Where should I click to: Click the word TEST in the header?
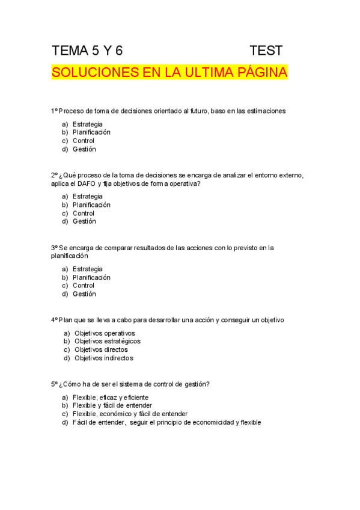[x=266, y=50]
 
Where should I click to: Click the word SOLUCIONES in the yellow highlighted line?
[x=91, y=73]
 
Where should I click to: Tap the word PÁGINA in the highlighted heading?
[x=260, y=73]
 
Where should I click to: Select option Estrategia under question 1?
[x=87, y=124]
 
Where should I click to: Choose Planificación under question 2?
[x=91, y=204]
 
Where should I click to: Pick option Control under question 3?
[x=84, y=286]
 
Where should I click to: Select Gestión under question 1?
[x=84, y=149]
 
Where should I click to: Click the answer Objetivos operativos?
[x=105, y=333]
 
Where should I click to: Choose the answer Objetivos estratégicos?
[x=107, y=341]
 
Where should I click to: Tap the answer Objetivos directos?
[x=101, y=349]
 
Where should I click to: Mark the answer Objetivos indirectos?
[x=103, y=358]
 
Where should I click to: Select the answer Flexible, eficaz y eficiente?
[x=111, y=397]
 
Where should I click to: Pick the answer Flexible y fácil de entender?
[x=112, y=405]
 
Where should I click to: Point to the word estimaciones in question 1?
[x=265, y=111]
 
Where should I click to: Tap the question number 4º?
[x=54, y=320]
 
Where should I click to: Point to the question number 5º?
[x=54, y=384]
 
